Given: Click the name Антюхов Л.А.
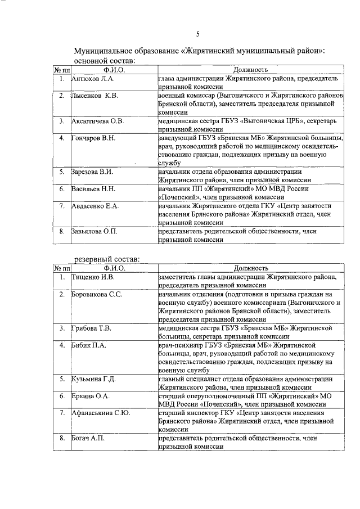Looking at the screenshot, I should coord(93,79).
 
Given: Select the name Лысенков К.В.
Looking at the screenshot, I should coord(94,96).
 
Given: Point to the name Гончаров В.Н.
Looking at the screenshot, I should coord(94,138).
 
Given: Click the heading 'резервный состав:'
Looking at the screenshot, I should coord(107,259).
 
